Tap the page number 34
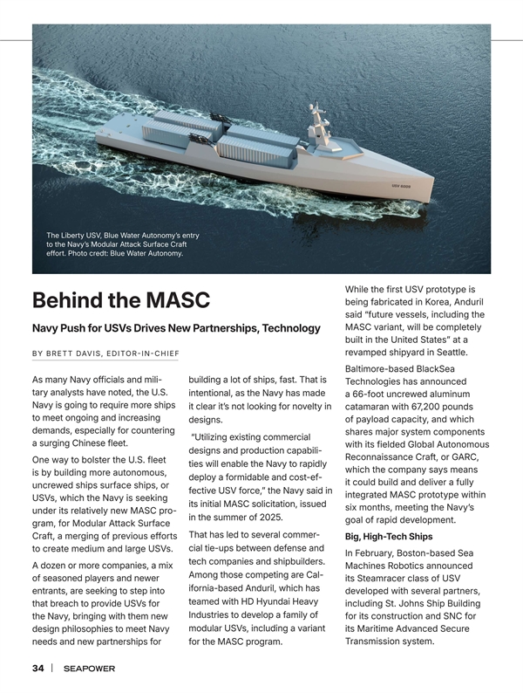pos(37,669)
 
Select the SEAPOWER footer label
pos(89,669)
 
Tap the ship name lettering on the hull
pos(402,186)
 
